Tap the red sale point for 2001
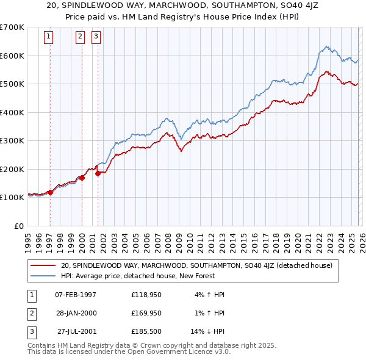point(98,173)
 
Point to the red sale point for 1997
point(50,192)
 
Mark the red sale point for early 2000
point(82,178)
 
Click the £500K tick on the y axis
point(12,84)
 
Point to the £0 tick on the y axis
point(20,226)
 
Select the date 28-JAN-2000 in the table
point(76,313)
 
